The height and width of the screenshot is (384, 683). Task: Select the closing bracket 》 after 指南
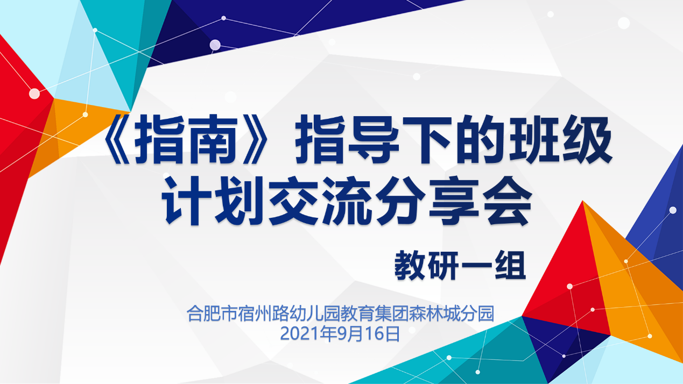click(x=256, y=139)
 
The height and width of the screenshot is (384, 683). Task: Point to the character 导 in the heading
click(x=374, y=139)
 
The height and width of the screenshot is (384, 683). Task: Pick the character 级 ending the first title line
click(x=587, y=139)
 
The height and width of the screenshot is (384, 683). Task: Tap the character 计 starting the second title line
click(x=187, y=201)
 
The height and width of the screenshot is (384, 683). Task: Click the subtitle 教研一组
click(x=460, y=266)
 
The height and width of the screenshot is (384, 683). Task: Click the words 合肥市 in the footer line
click(x=212, y=314)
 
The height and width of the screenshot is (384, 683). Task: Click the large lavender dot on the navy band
click(x=215, y=45)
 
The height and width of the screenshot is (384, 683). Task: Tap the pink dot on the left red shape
click(x=34, y=94)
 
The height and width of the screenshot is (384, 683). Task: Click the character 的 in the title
click(x=481, y=139)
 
